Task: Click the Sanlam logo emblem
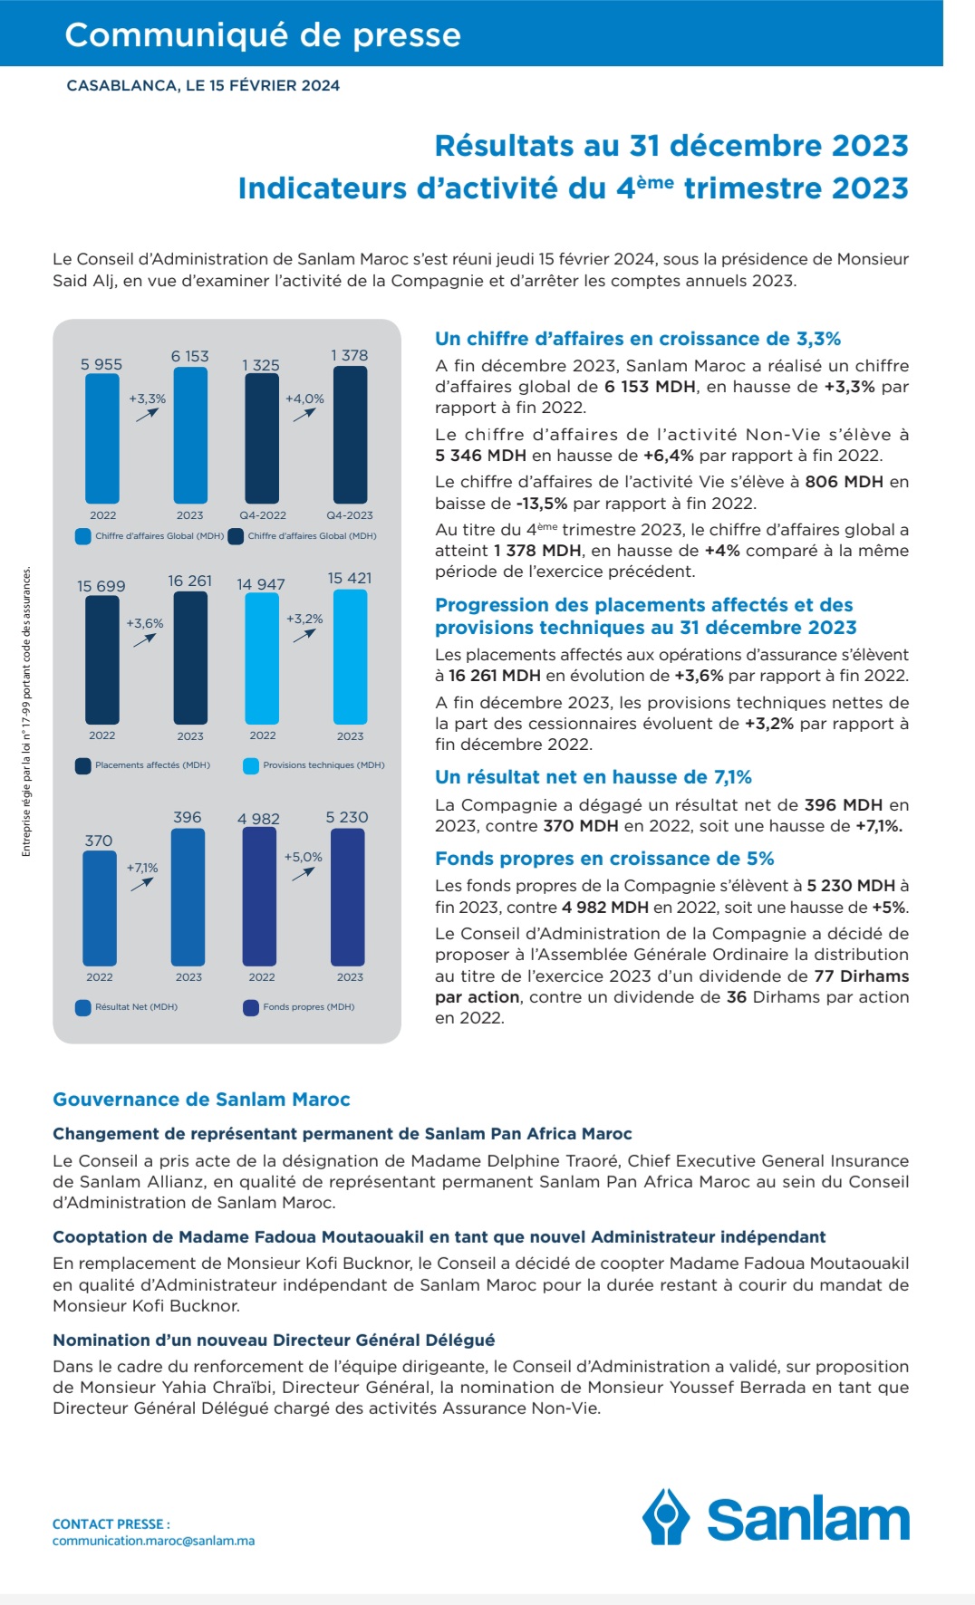(666, 1516)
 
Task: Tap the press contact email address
(153, 1541)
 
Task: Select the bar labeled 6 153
(189, 435)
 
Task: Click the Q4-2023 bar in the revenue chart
(351, 435)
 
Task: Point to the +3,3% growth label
(147, 399)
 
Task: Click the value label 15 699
(101, 586)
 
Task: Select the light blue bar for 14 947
(262, 658)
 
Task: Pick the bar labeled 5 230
(348, 897)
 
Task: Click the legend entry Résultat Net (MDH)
(136, 1007)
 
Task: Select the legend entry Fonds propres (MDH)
(308, 1007)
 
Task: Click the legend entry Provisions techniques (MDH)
(323, 765)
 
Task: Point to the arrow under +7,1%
(142, 883)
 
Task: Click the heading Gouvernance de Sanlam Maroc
(201, 1100)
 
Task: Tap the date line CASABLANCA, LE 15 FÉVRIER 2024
(203, 86)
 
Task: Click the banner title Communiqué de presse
(263, 34)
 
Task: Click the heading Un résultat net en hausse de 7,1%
(594, 777)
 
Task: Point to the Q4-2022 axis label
(263, 515)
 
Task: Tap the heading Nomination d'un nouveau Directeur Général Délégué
(274, 1341)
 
